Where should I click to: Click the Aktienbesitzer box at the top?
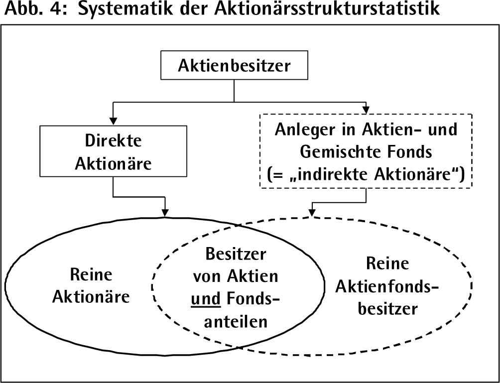point(234,65)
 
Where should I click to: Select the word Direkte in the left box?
point(113,140)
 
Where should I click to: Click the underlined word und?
point(206,299)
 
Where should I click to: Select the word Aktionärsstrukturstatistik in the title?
point(327,8)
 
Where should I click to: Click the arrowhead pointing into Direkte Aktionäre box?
point(113,121)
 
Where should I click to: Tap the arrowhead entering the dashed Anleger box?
point(366,110)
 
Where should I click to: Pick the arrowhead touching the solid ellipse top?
point(165,213)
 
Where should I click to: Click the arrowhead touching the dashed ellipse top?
point(312,212)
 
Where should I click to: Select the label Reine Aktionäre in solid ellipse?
point(91,286)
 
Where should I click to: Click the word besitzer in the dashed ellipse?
point(388,308)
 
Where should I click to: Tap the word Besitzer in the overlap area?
point(236,254)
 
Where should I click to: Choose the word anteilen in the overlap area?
point(236,321)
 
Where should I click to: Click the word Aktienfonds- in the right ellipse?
point(387,287)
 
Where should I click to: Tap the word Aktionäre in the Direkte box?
point(113,163)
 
